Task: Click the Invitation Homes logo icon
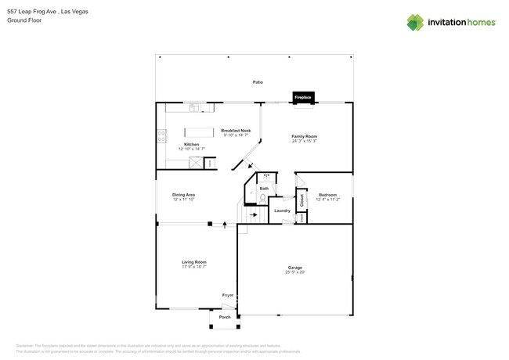(x=415, y=22)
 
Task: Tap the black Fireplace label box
(x=303, y=98)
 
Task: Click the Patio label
(x=258, y=82)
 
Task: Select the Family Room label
(x=305, y=136)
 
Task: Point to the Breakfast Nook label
(x=236, y=131)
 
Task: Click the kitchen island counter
(x=199, y=132)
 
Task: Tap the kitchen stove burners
(x=162, y=135)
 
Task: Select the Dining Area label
(x=184, y=194)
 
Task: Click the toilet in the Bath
(x=263, y=198)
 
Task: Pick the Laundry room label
(x=282, y=211)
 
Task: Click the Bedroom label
(x=327, y=194)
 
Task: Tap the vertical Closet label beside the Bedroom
(x=301, y=200)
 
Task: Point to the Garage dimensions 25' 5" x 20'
(x=294, y=272)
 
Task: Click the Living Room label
(x=194, y=262)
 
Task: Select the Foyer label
(x=228, y=295)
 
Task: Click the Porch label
(x=225, y=317)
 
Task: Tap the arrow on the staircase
(x=254, y=214)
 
